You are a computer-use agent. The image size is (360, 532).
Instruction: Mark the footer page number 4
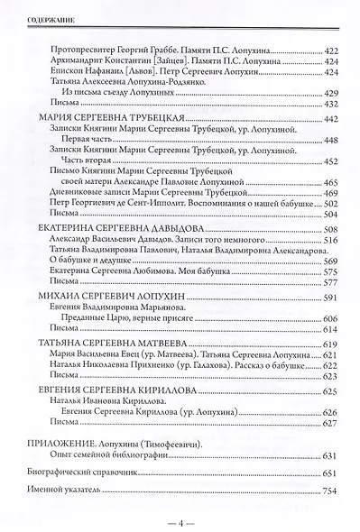(180, 521)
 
